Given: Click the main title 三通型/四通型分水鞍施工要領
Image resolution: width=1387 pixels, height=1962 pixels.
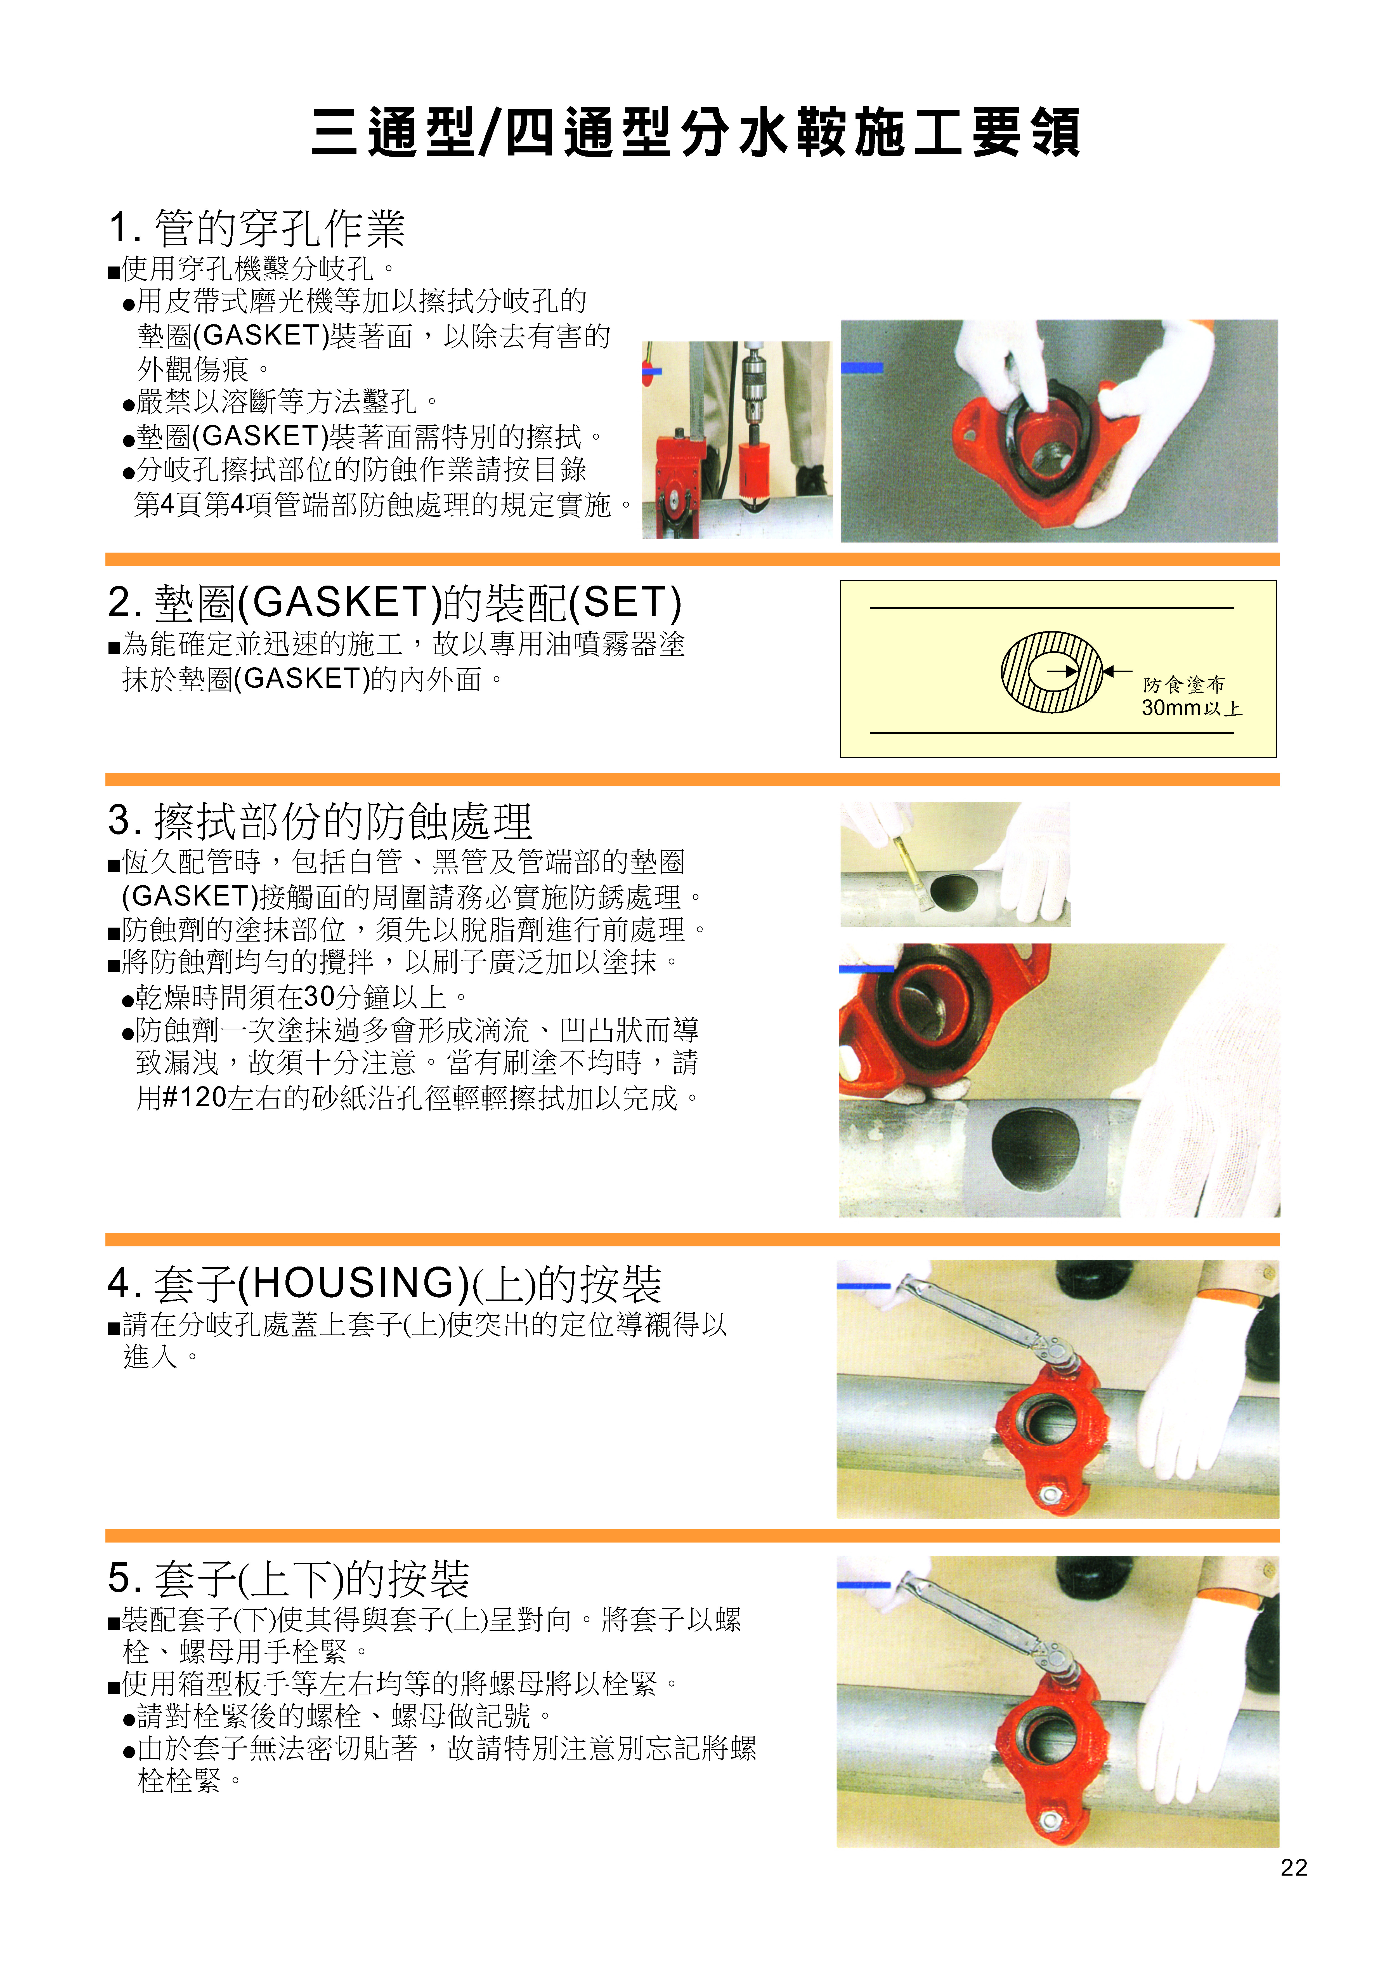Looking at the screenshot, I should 694,133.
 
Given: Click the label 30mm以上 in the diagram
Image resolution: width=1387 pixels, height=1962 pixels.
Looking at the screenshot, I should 1191,708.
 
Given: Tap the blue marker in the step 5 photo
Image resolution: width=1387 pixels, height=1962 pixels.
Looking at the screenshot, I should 863,1585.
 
